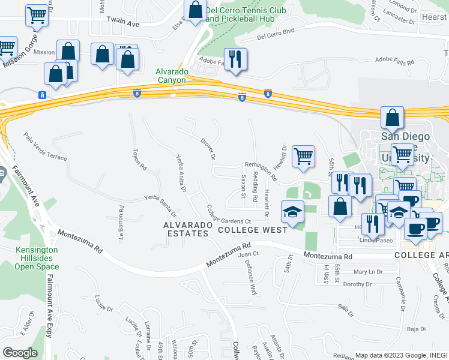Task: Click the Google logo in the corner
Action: [x=20, y=353]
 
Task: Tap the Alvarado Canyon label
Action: [x=173, y=75]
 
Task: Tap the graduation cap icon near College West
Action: [x=292, y=212]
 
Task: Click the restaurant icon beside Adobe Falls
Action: [x=235, y=58]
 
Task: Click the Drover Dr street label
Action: [x=208, y=149]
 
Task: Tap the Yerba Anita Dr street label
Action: [x=181, y=174]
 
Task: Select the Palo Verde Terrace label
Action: [x=45, y=147]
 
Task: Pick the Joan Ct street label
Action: [x=248, y=254]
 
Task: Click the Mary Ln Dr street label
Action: [x=368, y=271]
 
